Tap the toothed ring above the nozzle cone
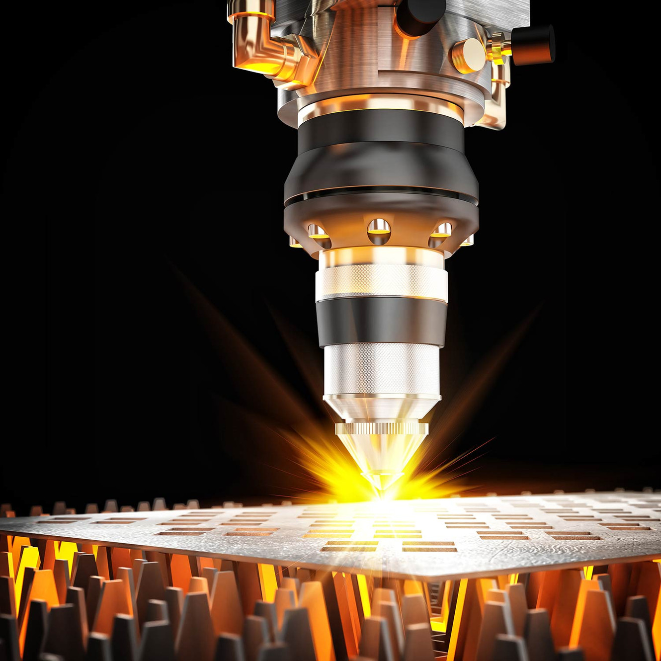[382, 428]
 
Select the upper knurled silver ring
[381, 281]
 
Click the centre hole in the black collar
[379, 230]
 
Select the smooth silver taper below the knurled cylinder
[381, 408]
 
